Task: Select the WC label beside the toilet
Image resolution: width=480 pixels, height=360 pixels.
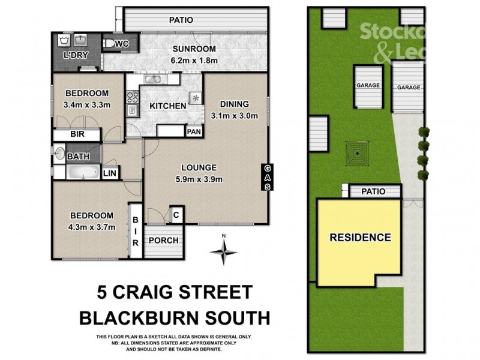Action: point(122,43)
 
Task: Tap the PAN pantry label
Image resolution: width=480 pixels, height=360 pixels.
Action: point(193,131)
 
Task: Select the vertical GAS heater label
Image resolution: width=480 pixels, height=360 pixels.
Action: point(267,177)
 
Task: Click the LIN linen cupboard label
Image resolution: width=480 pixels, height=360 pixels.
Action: point(110,173)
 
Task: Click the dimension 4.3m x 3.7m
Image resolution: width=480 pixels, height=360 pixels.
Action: point(92,227)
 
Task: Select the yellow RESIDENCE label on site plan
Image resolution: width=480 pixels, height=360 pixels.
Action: point(360,237)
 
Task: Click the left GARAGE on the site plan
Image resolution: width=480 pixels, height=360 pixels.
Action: point(368,86)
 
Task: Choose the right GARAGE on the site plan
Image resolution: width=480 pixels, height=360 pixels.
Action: point(408,88)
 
